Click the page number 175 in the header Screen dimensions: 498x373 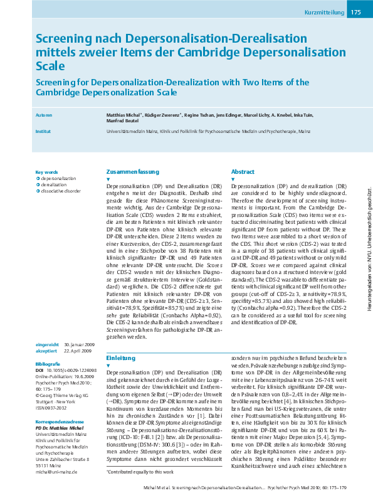(355, 12)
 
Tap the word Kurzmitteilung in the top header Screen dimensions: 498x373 (325, 13)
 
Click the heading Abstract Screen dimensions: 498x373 (243, 171)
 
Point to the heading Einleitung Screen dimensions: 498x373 (120, 358)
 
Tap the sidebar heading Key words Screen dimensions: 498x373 (46, 172)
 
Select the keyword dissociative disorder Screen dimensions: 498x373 (61, 191)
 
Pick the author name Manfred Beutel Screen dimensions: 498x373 (122, 122)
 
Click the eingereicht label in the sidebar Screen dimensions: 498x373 (48, 344)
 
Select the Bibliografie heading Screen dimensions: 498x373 (48, 363)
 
